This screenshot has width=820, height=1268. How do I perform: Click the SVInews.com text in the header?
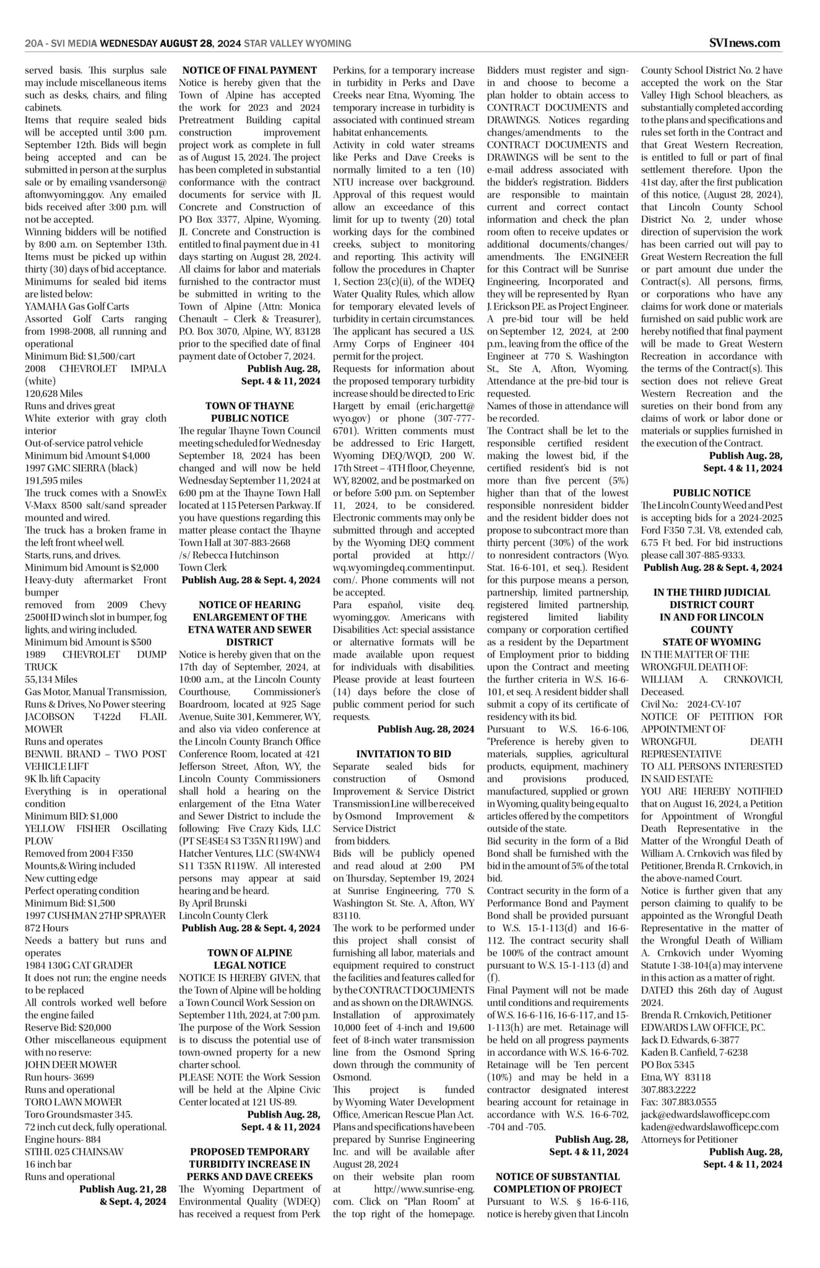pos(745,43)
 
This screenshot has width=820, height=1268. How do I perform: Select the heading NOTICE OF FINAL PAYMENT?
pos(249,71)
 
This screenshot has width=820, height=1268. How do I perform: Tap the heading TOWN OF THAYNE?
pos(249,406)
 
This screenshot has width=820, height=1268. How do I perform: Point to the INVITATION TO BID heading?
pos(404,754)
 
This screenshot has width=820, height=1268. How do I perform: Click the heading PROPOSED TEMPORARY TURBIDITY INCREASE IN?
pos(249,1152)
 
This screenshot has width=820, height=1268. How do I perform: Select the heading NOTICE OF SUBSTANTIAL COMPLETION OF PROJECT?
pos(557,1176)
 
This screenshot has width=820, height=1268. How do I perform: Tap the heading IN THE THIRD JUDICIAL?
pos(712,593)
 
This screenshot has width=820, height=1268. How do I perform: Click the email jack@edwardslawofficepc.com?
pos(705,1114)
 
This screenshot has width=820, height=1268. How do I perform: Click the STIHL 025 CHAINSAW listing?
pos(74,1152)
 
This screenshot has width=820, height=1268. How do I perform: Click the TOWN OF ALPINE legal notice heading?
pos(249,953)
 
